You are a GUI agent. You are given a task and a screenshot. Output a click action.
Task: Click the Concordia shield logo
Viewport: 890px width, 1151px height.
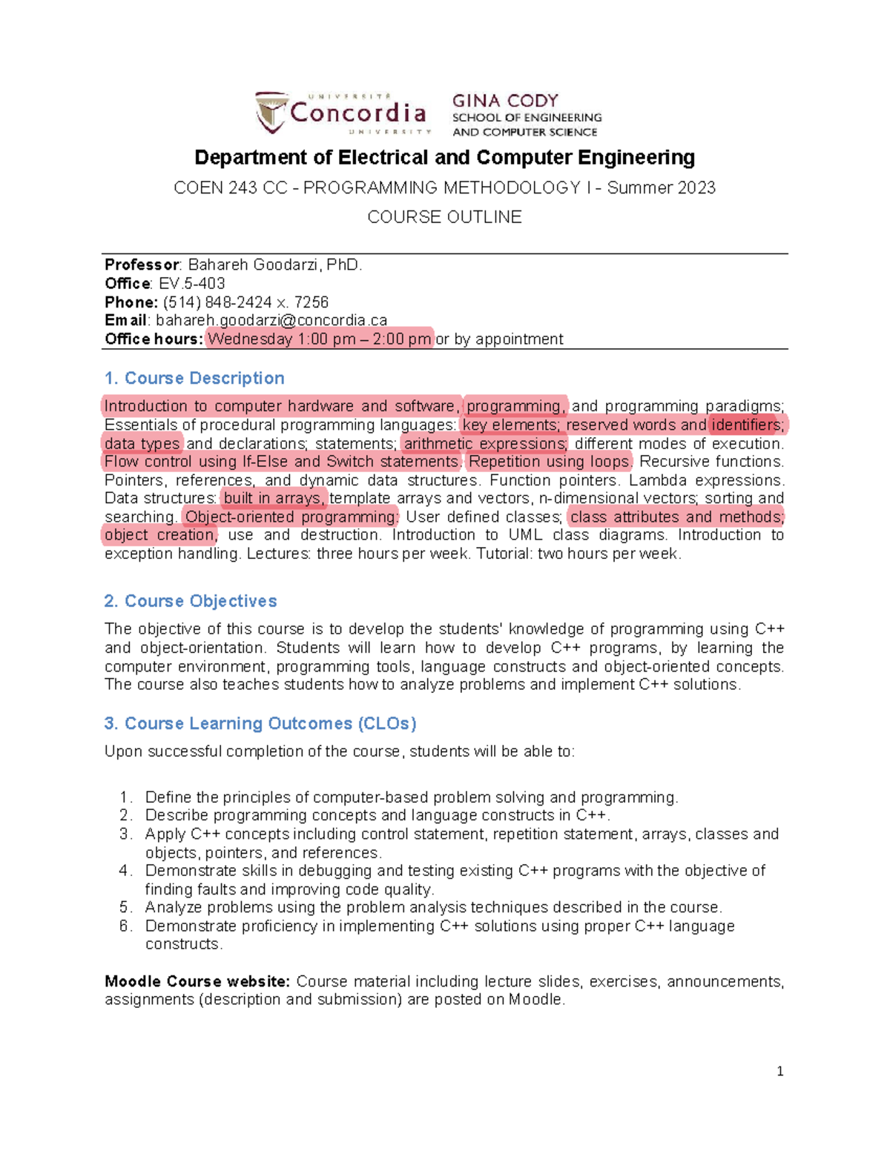271,113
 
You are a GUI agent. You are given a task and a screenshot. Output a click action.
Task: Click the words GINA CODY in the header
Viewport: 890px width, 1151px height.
505,101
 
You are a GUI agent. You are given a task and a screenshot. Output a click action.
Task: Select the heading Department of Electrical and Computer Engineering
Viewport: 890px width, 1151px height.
444,158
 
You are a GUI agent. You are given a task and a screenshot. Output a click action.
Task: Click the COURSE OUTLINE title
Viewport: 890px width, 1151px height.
444,217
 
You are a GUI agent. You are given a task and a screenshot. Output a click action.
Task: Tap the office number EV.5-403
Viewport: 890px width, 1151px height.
192,284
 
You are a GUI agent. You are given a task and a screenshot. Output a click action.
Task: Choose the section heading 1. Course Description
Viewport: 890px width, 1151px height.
194,379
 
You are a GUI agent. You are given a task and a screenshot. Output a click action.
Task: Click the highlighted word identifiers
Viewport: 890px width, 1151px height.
746,425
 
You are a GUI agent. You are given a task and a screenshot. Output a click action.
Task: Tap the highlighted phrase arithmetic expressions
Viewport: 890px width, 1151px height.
485,444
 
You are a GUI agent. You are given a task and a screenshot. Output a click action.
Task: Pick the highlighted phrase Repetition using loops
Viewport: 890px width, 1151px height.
550,462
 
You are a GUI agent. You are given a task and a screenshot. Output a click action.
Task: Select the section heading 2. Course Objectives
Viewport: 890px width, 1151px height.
191,601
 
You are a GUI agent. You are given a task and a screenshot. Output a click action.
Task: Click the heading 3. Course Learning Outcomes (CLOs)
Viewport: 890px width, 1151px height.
260,723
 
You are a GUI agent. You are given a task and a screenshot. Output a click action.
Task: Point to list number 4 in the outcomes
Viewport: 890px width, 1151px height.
125,871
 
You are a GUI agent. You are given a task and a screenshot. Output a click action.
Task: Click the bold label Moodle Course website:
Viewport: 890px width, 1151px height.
197,982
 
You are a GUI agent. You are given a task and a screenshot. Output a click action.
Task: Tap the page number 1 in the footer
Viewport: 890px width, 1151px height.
779,1071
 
